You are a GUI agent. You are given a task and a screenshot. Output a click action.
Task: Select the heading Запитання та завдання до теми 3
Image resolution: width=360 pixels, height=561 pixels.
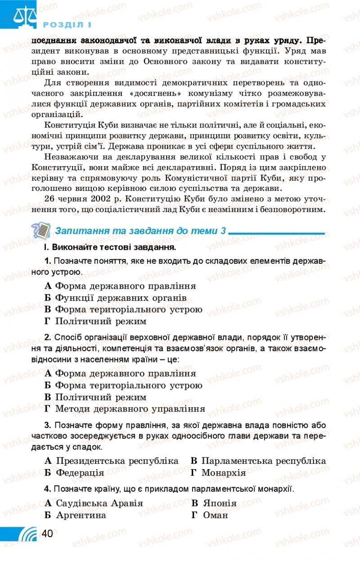click(140, 231)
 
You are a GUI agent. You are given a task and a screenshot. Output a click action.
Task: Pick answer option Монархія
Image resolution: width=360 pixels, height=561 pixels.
click(223, 473)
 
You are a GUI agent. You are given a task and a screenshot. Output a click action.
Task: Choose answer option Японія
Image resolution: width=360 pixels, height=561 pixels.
click(220, 503)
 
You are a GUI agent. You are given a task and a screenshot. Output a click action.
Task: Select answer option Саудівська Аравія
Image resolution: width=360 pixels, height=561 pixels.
click(99, 503)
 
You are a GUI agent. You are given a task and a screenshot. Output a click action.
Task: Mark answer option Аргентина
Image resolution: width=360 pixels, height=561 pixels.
click(81, 515)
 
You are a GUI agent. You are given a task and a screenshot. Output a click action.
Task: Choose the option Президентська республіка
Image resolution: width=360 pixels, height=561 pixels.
click(117, 461)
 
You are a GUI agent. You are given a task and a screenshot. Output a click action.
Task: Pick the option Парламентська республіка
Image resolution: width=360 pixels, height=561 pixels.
click(263, 461)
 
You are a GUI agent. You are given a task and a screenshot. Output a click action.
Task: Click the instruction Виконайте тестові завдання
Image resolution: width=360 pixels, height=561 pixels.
click(114, 247)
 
